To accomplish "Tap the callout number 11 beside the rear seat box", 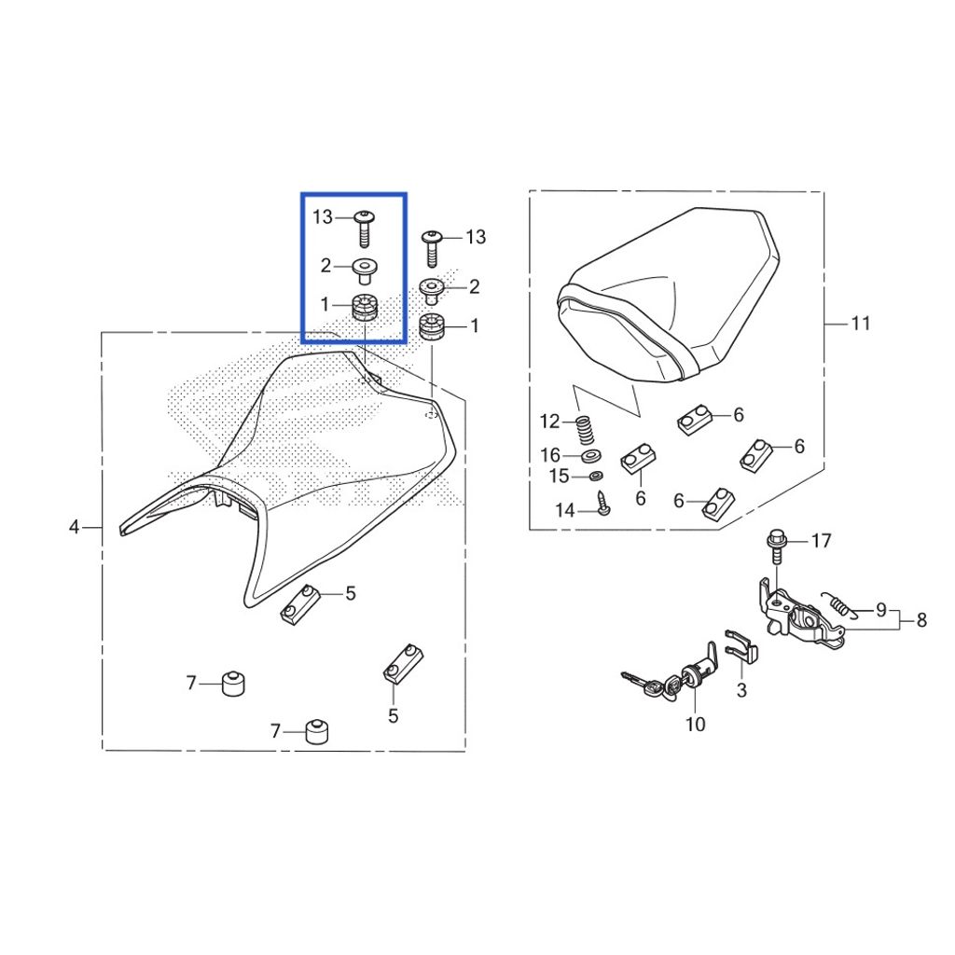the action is click(x=860, y=324).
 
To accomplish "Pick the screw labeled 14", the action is click(x=603, y=505).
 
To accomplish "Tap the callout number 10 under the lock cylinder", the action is click(x=696, y=724).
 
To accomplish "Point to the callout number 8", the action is click(x=921, y=620).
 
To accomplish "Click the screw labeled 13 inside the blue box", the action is click(x=364, y=228).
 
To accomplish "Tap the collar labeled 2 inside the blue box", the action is click(x=365, y=270).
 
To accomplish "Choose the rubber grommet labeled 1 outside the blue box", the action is click(x=432, y=327).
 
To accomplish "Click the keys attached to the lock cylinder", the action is click(x=640, y=686).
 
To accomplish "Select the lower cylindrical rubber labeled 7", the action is click(x=316, y=731).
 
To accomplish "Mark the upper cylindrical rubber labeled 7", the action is click(x=232, y=684).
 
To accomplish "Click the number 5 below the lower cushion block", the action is click(x=394, y=715).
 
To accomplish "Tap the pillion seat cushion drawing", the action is click(x=668, y=296).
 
